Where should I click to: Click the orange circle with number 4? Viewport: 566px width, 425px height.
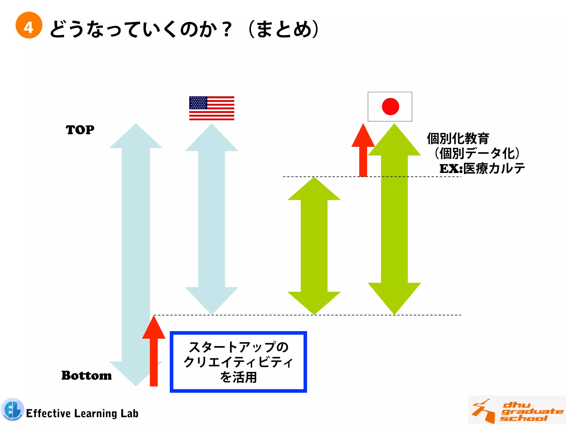[29, 25]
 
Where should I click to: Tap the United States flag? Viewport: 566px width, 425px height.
[212, 108]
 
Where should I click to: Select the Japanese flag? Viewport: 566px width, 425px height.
[390, 107]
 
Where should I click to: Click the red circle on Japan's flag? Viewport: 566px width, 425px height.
[390, 107]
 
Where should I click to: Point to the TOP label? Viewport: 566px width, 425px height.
[80, 130]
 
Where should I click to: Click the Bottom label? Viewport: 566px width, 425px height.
[87, 375]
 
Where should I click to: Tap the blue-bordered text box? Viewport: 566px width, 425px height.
[238, 362]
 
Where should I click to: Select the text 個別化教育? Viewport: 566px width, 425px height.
[458, 139]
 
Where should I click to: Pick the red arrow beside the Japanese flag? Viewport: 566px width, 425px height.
[363, 149]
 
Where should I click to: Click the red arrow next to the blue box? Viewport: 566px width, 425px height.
[154, 351]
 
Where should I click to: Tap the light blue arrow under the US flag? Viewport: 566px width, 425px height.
[212, 219]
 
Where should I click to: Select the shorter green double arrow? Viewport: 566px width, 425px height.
[314, 246]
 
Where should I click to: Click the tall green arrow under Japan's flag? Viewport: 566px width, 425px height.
[394, 219]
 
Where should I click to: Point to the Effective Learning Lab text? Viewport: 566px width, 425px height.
[82, 413]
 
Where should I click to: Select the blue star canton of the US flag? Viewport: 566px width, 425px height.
[198, 103]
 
